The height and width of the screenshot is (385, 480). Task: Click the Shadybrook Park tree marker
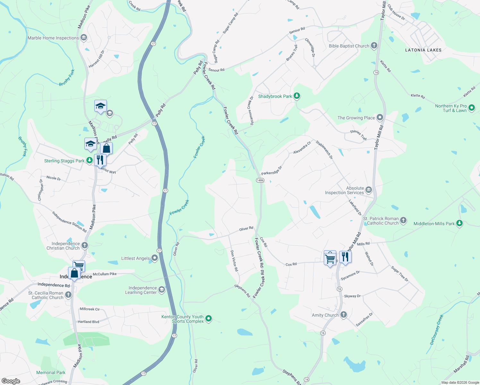pos(297,96)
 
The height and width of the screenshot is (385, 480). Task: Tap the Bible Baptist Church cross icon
pos(374,46)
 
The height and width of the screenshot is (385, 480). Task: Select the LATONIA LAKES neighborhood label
pos(423,50)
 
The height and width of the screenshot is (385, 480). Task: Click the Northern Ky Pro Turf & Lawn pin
pos(471,108)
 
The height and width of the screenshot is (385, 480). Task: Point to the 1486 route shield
pos(260,180)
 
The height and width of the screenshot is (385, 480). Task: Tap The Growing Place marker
pos(380,117)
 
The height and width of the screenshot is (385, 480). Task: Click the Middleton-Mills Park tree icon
pos(459,223)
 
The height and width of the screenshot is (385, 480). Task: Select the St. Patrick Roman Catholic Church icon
pos(403,220)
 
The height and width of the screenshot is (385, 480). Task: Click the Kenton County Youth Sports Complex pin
pos(209,319)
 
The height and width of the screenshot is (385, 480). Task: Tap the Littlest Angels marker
pos(155,258)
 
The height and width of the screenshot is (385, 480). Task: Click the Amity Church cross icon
pos(343,315)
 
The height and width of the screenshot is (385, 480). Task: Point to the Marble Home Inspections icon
pos(84,38)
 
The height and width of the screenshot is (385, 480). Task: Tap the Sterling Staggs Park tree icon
pos(90,160)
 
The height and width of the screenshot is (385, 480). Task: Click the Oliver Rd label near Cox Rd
pos(246,229)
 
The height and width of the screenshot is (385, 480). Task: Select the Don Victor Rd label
pos(234,261)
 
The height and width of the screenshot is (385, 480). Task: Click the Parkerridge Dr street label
pos(271,171)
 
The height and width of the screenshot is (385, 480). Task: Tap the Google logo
pos(11,381)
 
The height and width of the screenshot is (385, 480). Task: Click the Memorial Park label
pos(51,372)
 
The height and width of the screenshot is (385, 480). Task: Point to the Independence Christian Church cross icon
pos(84,245)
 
